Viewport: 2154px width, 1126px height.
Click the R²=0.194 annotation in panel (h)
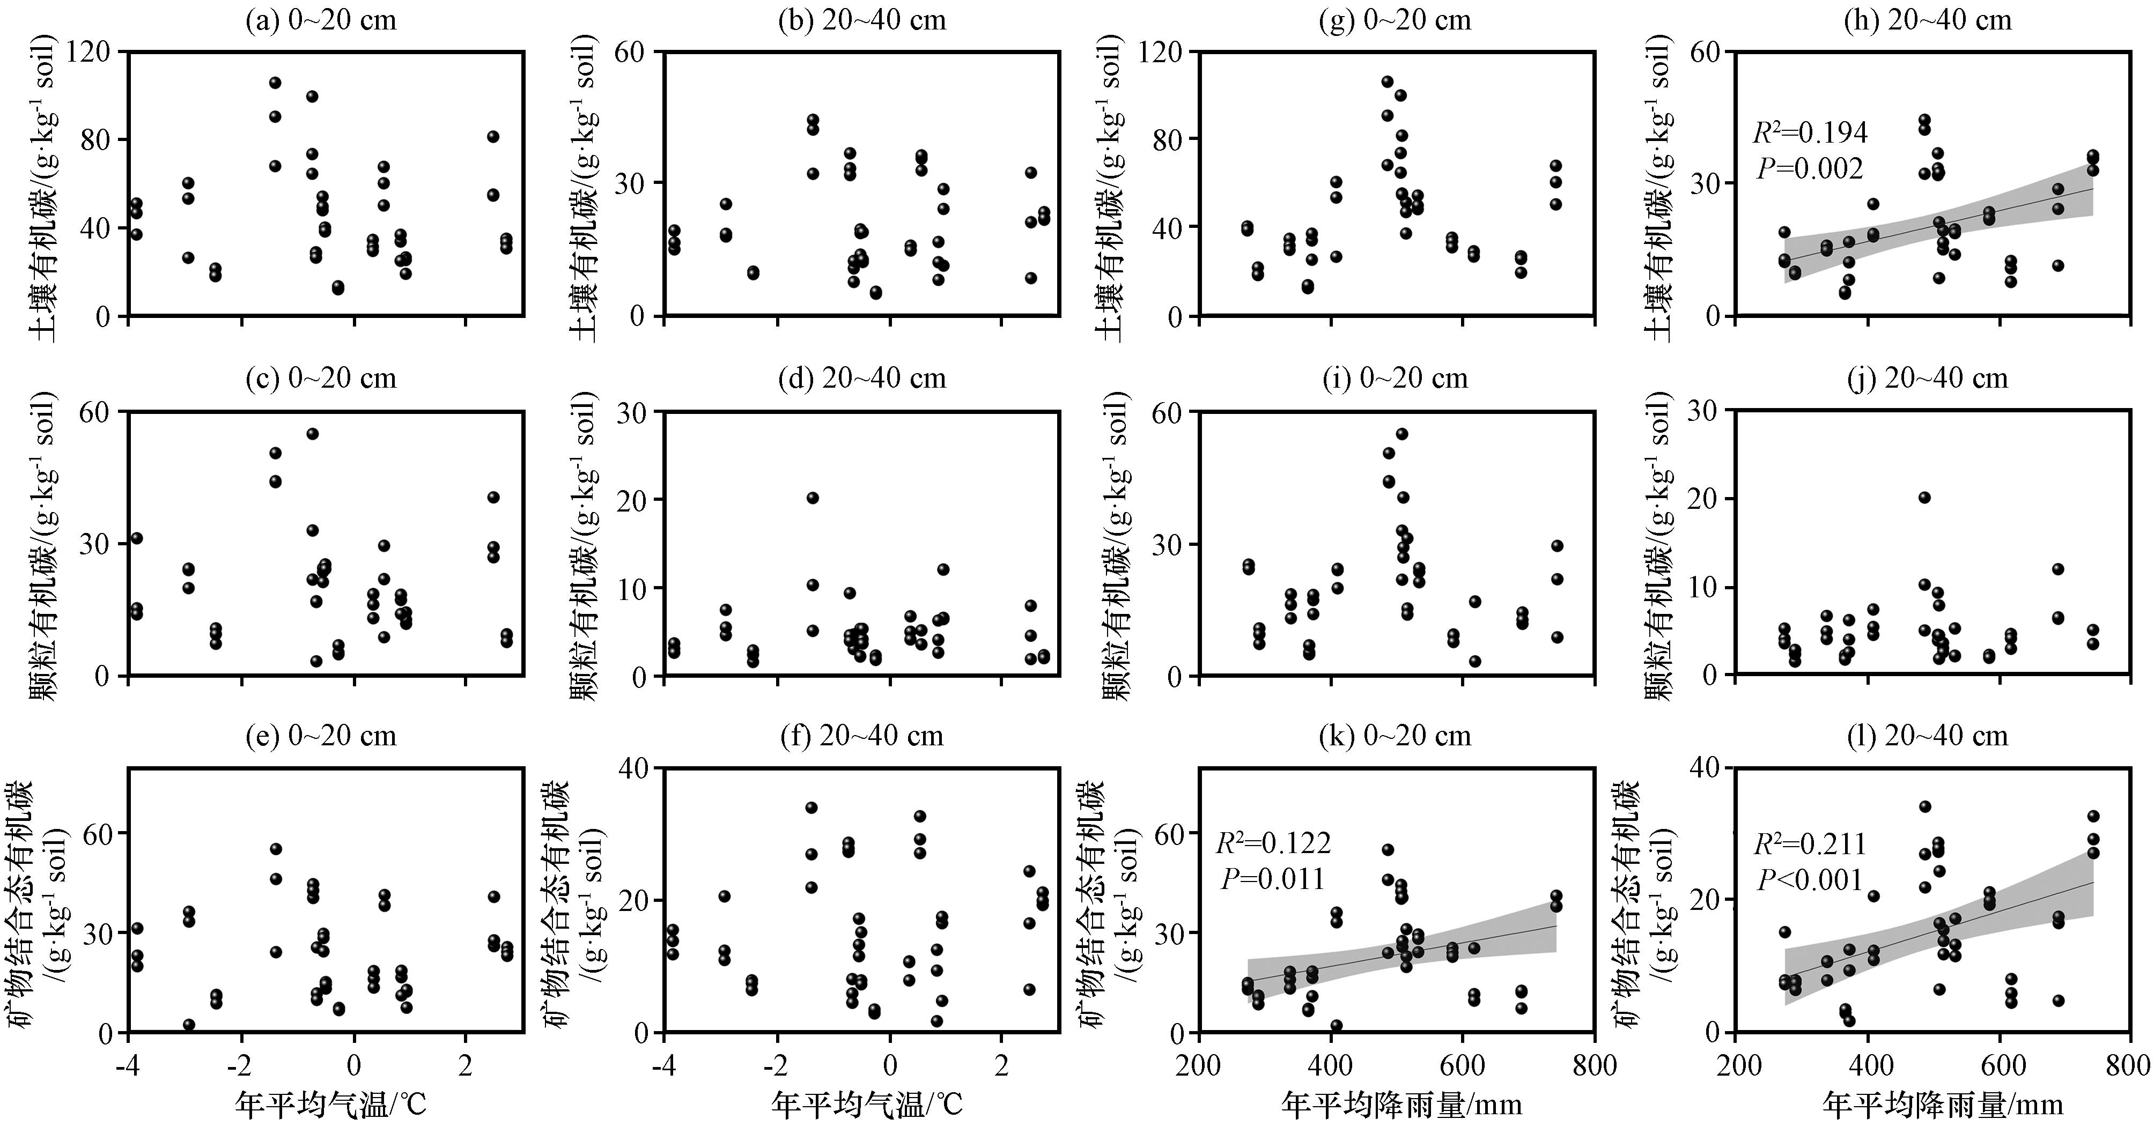coord(1810,132)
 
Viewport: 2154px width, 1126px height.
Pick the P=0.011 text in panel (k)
coord(1273,879)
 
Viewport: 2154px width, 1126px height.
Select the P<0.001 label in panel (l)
coord(1810,879)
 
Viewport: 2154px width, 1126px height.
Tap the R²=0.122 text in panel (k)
coord(1273,843)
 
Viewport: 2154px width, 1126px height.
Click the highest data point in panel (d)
coord(812,498)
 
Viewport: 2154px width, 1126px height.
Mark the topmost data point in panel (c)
coord(313,434)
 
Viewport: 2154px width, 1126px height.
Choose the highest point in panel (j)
coord(1924,498)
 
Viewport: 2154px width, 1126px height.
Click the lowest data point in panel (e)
coord(189,1025)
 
